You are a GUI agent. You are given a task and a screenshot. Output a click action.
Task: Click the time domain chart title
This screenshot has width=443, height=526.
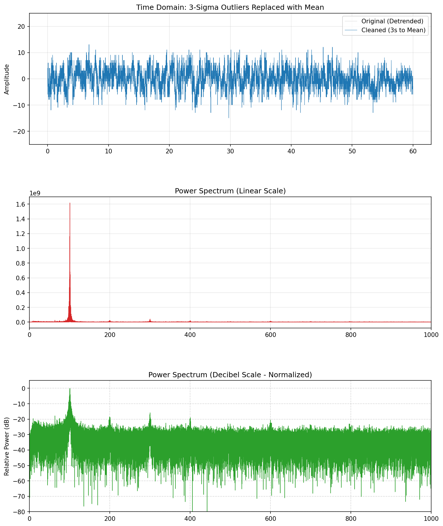(230, 7)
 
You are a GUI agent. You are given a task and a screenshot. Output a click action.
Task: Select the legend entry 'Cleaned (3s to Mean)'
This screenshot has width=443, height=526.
(393, 30)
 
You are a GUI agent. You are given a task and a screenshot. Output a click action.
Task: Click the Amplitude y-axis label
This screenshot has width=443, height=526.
(7, 79)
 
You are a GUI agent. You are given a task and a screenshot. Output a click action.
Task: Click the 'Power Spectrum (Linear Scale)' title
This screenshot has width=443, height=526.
(230, 191)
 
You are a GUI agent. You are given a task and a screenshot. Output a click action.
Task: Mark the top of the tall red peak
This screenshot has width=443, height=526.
(70, 203)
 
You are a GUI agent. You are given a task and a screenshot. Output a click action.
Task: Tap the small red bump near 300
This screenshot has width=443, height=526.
(150, 319)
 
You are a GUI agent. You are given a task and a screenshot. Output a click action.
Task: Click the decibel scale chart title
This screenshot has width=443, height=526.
(230, 375)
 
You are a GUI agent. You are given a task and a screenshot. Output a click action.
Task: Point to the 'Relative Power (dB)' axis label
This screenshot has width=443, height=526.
(7, 446)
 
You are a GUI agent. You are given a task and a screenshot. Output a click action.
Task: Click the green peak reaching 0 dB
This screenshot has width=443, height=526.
(70, 389)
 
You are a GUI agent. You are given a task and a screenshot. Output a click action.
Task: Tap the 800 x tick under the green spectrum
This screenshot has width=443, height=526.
(351, 518)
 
